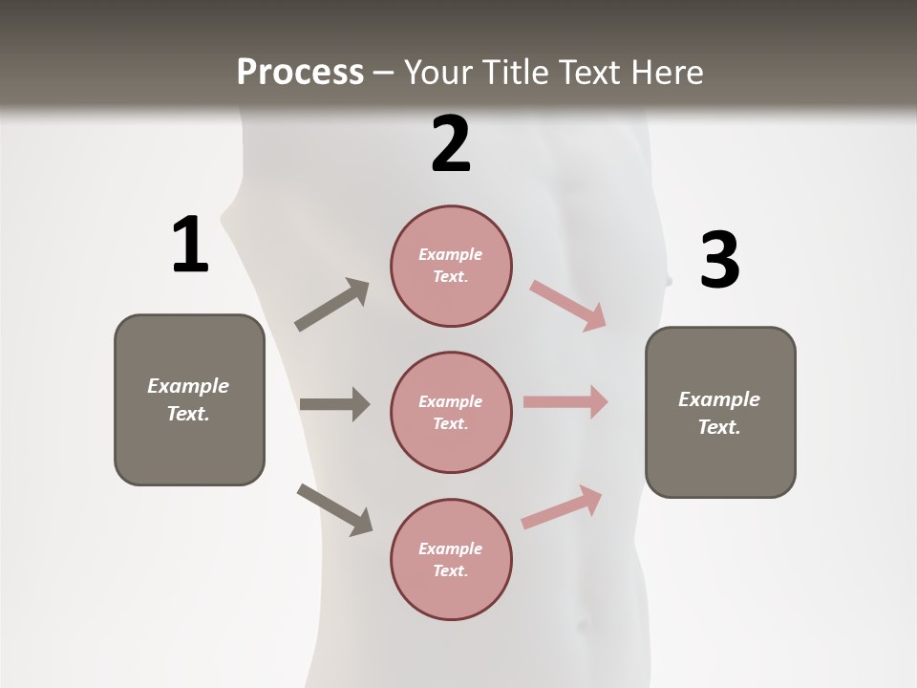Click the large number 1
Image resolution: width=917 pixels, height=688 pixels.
pos(190,245)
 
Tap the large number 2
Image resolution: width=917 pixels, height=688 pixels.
pos(451,144)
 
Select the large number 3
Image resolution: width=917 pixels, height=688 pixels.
pos(719,260)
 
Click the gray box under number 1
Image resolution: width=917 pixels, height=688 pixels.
pos(189,399)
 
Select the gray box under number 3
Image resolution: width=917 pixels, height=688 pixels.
pos(720,412)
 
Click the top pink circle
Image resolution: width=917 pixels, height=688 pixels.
pos(451,266)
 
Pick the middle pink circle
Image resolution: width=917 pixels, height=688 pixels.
pos(451,412)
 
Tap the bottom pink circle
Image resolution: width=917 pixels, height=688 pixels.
pos(451,559)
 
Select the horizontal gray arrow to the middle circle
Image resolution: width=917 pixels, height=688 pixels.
pos(334,404)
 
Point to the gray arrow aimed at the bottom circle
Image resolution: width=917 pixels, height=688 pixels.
pos(335,509)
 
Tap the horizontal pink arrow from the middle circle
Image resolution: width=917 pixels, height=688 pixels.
pos(565,401)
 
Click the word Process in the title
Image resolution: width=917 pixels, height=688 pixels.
pos(300,72)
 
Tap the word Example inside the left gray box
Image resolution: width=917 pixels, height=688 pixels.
pos(188,386)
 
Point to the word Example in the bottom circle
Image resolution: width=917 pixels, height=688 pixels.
pos(451,548)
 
